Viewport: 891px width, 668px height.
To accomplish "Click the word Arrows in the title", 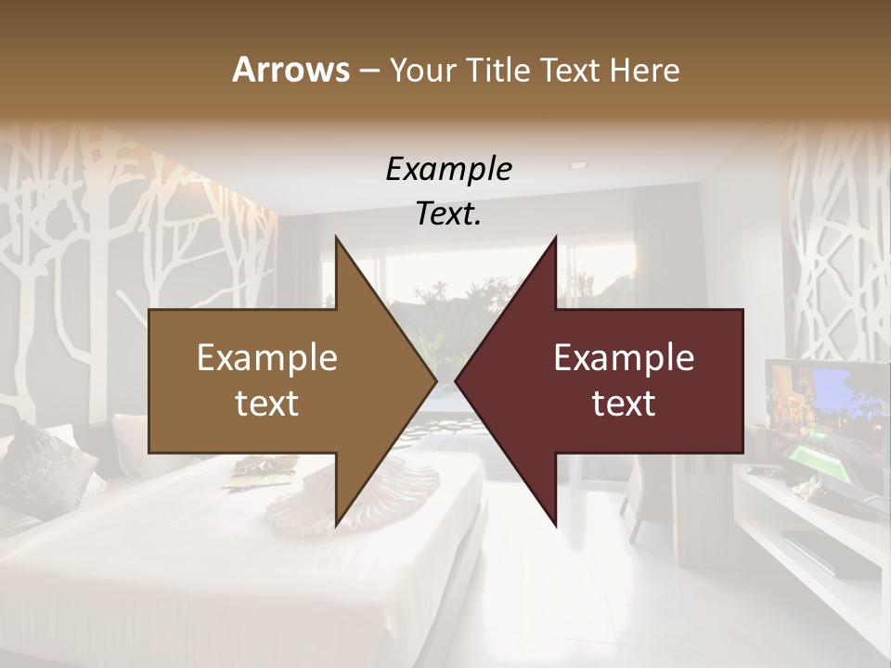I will [x=290, y=70].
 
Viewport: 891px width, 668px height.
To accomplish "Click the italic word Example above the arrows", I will [x=448, y=170].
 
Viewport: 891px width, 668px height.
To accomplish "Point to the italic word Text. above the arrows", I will [x=448, y=214].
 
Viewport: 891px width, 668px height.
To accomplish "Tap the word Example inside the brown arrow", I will [x=267, y=358].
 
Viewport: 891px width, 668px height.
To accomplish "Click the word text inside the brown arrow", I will [x=267, y=404].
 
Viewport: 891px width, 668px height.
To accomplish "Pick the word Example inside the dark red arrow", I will [x=624, y=358].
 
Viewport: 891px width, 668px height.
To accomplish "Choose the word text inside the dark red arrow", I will [x=624, y=404].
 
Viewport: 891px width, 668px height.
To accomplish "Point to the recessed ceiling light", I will [x=578, y=164].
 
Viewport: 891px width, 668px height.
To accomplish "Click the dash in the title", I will [x=368, y=71].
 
